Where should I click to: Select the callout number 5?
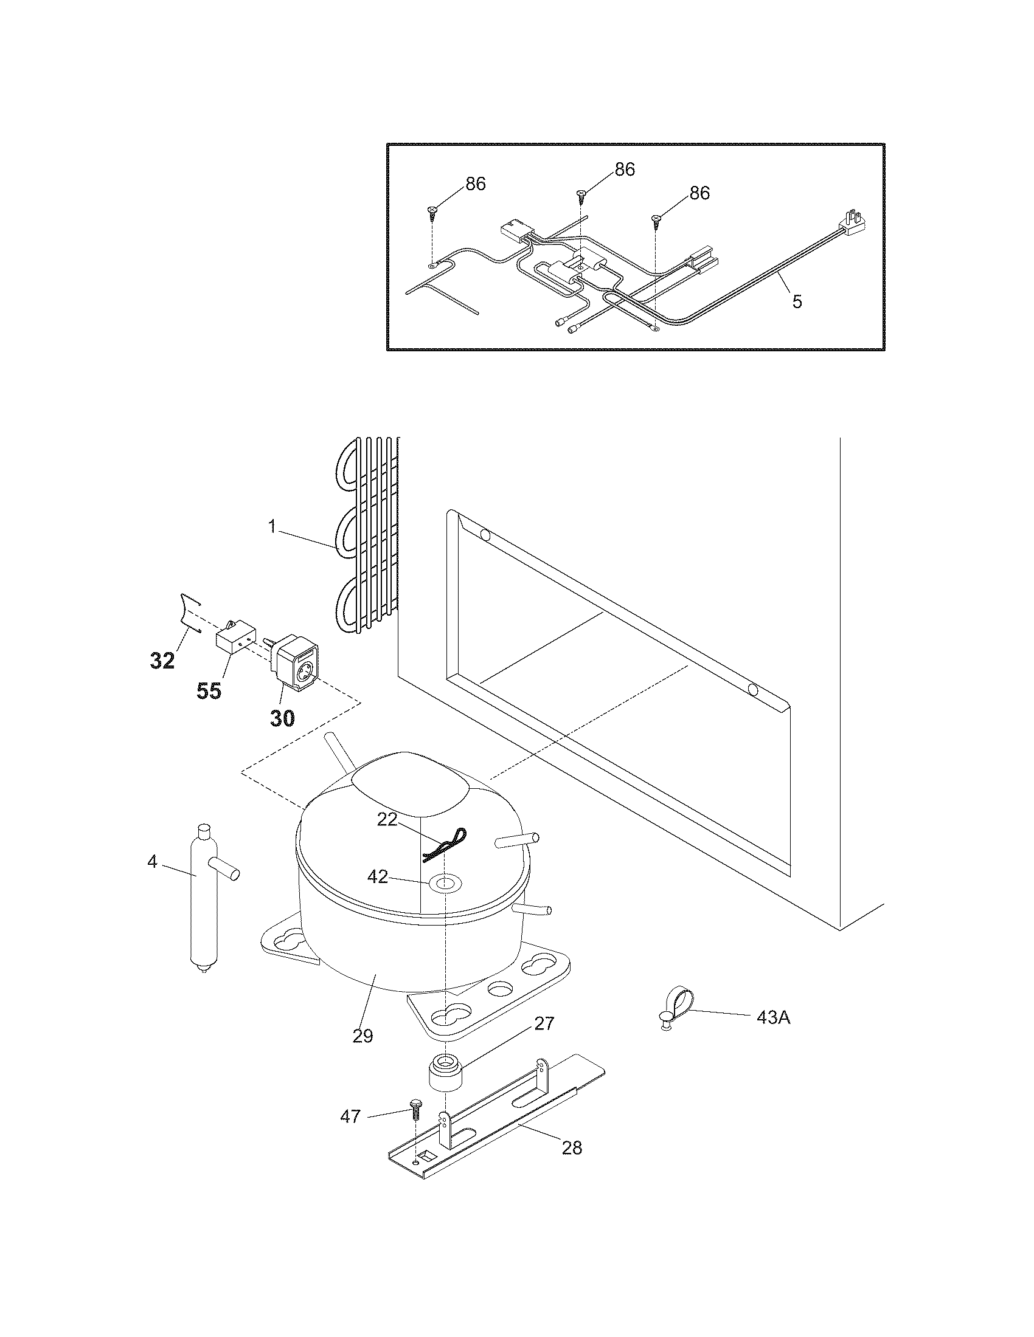(x=796, y=301)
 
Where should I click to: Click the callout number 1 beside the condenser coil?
(x=272, y=526)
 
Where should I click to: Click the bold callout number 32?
(x=162, y=661)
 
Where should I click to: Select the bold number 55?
(x=209, y=691)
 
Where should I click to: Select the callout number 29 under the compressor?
(x=363, y=1036)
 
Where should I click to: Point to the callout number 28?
(x=572, y=1147)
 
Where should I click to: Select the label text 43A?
(x=773, y=1018)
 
